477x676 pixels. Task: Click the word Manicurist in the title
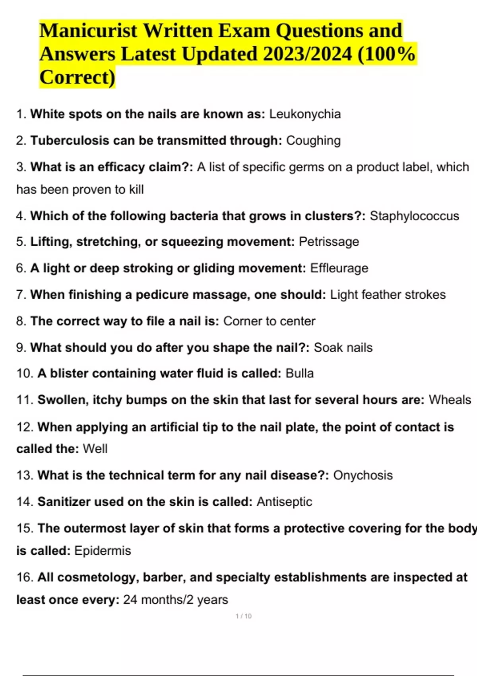pos(88,31)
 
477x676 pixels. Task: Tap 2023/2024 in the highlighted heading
pos(307,54)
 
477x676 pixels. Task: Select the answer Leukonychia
pos(305,114)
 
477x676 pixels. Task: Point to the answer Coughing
pos(313,141)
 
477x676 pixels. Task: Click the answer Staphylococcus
pos(414,216)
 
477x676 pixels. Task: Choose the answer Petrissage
pos(329,242)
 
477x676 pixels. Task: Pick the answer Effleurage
pos(339,268)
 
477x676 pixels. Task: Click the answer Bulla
pos(300,373)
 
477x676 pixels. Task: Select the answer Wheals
pos(450,400)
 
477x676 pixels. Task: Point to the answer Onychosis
pos(363,475)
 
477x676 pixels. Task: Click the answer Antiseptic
pos(284,502)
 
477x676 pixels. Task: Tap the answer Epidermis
pos(103,551)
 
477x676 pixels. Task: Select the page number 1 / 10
pos(244,616)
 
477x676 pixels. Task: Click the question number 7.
pos(21,295)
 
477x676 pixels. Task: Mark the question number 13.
pos(24,475)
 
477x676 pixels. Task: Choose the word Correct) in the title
pos(77,77)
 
